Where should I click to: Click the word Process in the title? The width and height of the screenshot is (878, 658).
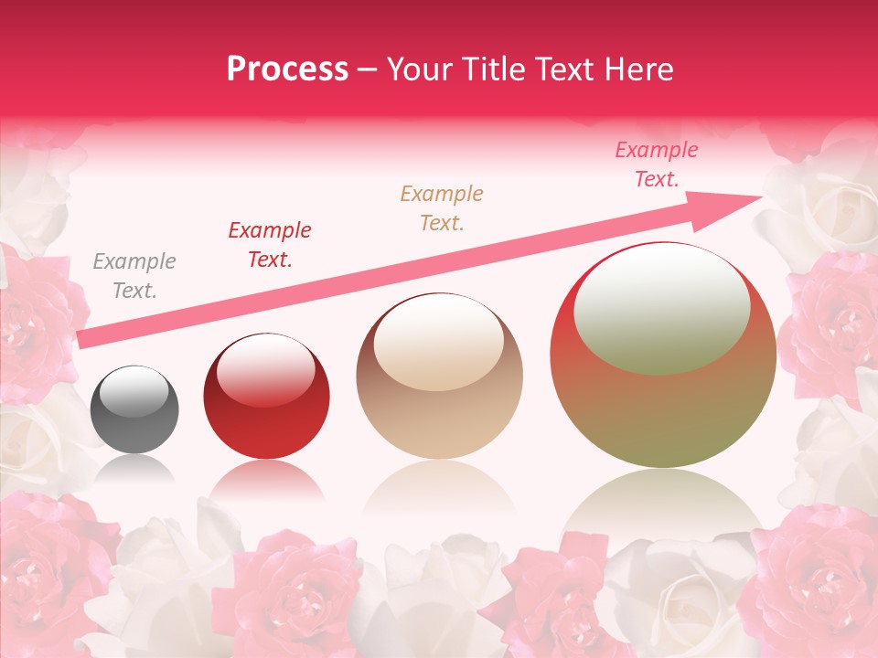pos(287,69)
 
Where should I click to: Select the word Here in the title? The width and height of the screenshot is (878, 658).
pos(637,69)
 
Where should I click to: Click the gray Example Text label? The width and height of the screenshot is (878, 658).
pos(134,276)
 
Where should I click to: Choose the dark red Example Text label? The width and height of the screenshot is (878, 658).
pos(269,245)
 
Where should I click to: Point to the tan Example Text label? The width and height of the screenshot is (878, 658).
pos(441,208)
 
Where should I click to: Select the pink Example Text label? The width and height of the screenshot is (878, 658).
pos(655,164)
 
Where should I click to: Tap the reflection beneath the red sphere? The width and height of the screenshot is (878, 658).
pos(266,480)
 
